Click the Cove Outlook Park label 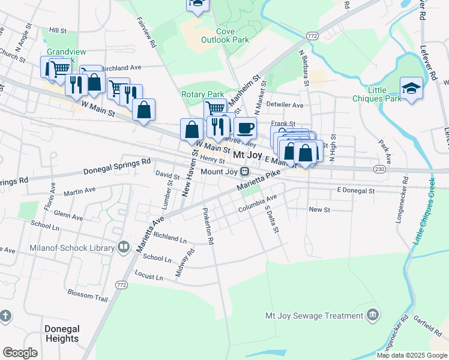(232, 35)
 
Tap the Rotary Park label (202, 94)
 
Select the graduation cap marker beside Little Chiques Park (411, 88)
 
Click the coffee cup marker (244, 128)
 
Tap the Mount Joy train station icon (244, 172)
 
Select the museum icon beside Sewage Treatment (373, 315)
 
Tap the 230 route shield (379, 170)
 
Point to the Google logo (20, 353)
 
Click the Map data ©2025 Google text (412, 355)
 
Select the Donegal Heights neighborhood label (62, 334)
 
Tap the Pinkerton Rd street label (208, 226)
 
